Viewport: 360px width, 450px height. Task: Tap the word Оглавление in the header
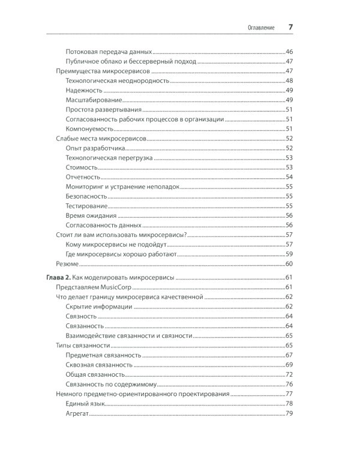pyautogui.click(x=257, y=28)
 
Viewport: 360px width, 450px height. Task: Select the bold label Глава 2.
pyautogui.click(x=61, y=277)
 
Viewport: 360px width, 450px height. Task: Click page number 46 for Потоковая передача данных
pyautogui.click(x=289, y=52)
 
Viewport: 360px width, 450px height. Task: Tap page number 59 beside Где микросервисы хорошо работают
pyautogui.click(x=289, y=254)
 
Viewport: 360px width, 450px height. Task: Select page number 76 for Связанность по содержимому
pyautogui.click(x=289, y=384)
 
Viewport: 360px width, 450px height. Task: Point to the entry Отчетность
pyautogui.click(x=83, y=176)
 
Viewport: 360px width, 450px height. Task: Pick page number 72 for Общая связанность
pyautogui.click(x=289, y=374)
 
